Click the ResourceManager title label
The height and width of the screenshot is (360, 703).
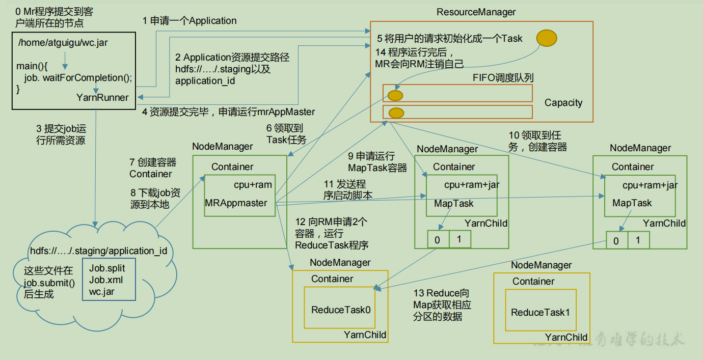(x=476, y=12)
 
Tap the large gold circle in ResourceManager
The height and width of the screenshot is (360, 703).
(x=546, y=38)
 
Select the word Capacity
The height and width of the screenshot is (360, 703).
(x=563, y=103)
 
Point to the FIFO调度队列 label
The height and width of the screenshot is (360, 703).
(x=503, y=77)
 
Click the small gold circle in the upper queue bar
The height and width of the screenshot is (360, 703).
(x=395, y=95)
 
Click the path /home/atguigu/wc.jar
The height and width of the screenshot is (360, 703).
(x=63, y=43)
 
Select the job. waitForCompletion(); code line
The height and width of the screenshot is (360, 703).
(x=77, y=78)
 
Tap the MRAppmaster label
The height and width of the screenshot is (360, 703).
(x=236, y=203)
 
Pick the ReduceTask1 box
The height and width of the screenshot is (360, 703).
(x=540, y=312)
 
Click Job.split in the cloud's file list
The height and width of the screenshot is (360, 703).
(x=107, y=268)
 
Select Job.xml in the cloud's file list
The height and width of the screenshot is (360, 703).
(x=106, y=280)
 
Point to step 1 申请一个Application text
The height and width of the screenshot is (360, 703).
(x=190, y=21)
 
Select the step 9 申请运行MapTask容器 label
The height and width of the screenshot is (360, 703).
(x=377, y=162)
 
